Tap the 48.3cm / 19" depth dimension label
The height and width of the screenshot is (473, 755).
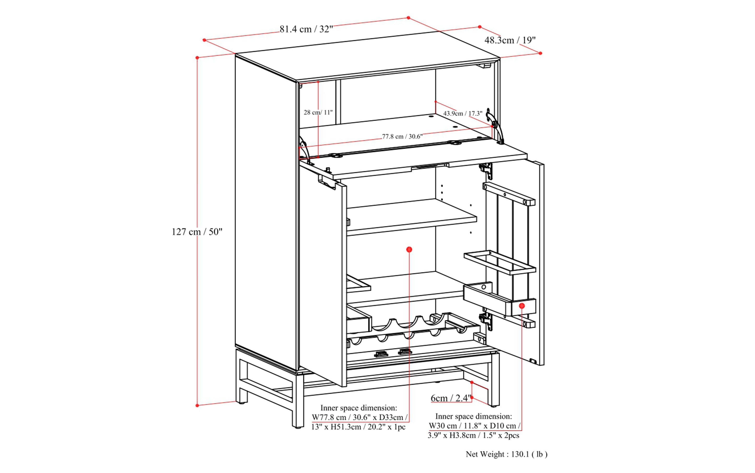pyautogui.click(x=510, y=40)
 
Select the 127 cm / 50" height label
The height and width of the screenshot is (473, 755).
pyautogui.click(x=197, y=232)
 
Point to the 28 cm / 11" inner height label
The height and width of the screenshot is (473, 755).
pyautogui.click(x=318, y=112)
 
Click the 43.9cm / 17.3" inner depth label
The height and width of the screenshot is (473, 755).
pyautogui.click(x=463, y=113)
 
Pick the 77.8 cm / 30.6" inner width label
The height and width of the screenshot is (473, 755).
pyautogui.click(x=402, y=136)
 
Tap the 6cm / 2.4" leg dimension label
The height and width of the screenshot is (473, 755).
pyautogui.click(x=451, y=398)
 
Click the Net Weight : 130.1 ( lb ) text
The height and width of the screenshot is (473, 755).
pyautogui.click(x=506, y=454)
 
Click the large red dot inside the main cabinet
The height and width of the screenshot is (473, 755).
pyautogui.click(x=409, y=249)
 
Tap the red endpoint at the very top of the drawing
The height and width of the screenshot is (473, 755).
pyautogui.click(x=408, y=18)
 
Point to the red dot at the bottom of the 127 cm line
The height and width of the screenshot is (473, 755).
pyautogui.click(x=197, y=405)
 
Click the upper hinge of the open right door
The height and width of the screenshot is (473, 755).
pyautogui.click(x=486, y=170)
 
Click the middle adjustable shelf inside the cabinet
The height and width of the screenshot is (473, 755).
pyautogui.click(x=411, y=216)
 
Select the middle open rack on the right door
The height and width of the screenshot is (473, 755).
pyautogui.click(x=500, y=262)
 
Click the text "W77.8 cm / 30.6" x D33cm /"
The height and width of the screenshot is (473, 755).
pyautogui.click(x=359, y=417)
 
